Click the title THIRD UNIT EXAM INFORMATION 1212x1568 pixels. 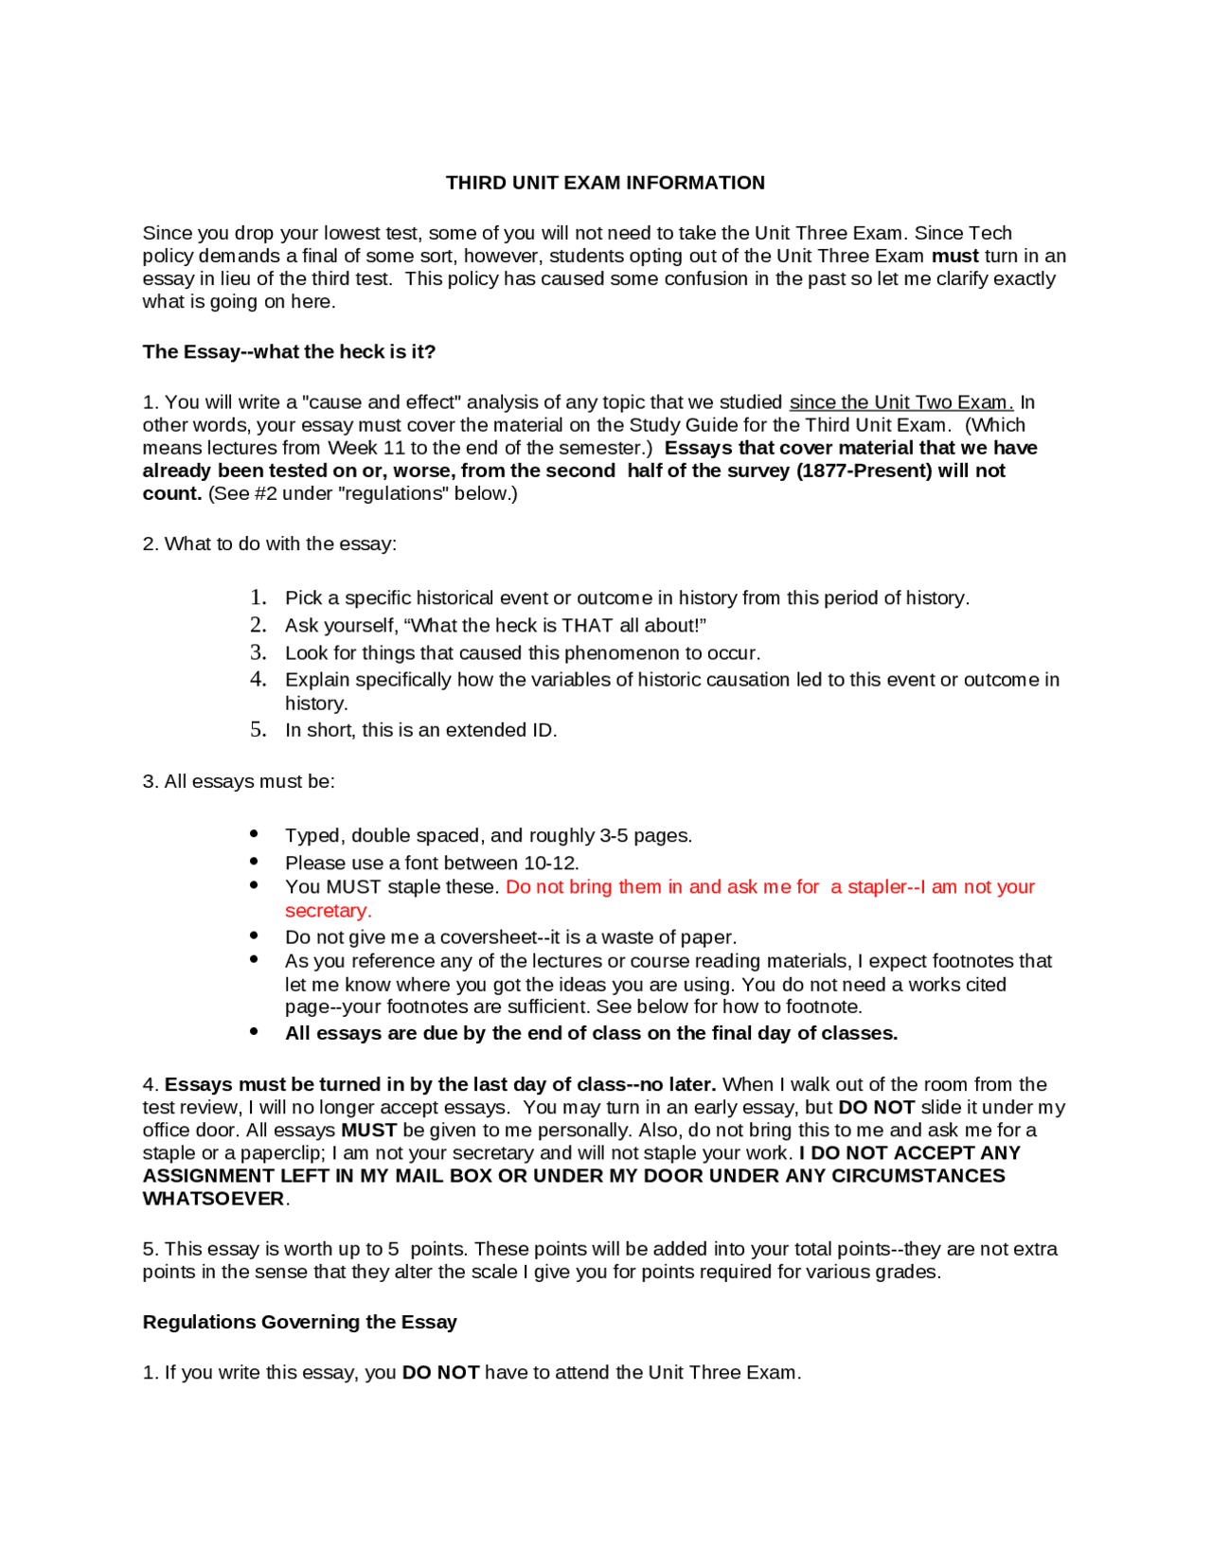pyautogui.click(x=605, y=183)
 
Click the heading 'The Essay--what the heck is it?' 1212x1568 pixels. pyautogui.click(x=289, y=351)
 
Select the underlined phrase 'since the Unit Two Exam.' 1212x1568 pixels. pyautogui.click(x=900, y=402)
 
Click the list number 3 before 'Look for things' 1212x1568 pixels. pyautogui.click(x=258, y=652)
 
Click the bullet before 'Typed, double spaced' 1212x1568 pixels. pyautogui.click(x=254, y=834)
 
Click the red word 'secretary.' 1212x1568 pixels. pyautogui.click(x=328, y=911)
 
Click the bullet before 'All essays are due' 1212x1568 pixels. pyautogui.click(x=254, y=1032)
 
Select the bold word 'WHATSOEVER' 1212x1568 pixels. pyautogui.click(x=213, y=1199)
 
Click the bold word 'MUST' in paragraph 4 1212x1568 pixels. pyautogui.click(x=368, y=1131)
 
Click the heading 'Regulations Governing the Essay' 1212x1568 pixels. pyautogui.click(x=299, y=1322)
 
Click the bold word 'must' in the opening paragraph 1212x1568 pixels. pyautogui.click(x=954, y=257)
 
